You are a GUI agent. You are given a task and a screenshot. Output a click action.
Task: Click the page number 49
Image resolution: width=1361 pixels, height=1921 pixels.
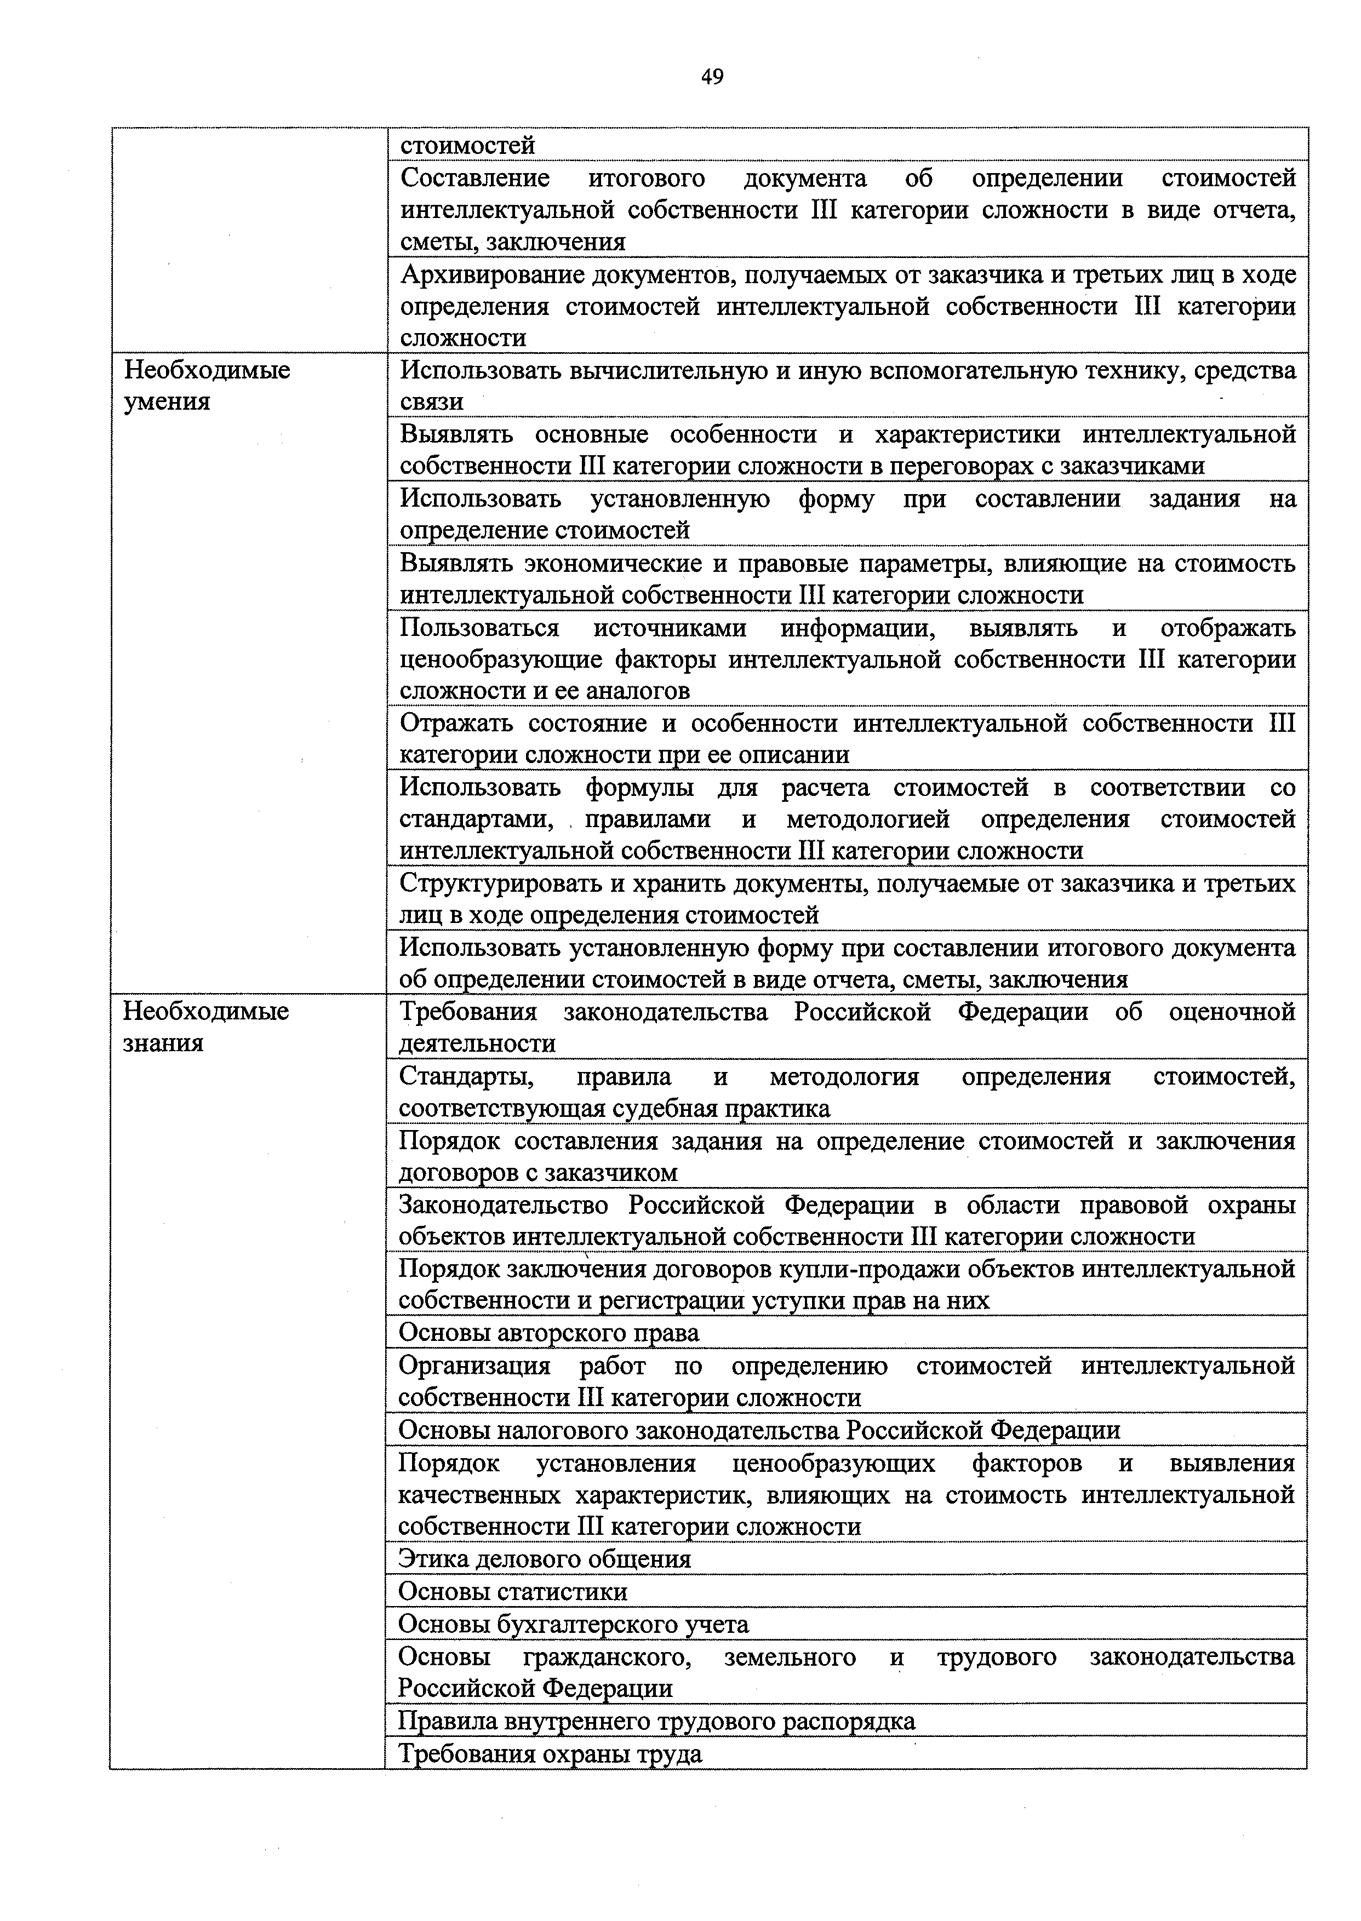[712, 78]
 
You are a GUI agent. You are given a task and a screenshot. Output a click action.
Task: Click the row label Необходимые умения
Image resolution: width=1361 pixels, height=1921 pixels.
[207, 386]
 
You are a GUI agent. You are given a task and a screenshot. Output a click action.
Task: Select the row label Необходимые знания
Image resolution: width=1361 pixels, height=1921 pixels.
[205, 1027]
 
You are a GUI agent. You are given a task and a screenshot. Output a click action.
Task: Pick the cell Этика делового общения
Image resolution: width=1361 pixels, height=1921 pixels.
[544, 1559]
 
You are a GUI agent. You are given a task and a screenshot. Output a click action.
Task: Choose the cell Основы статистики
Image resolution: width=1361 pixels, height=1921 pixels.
[512, 1592]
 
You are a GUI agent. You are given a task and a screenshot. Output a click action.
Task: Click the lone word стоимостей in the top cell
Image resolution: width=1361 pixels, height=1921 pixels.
[467, 146]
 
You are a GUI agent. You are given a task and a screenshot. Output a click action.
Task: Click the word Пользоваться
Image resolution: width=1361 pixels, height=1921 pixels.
[479, 628]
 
